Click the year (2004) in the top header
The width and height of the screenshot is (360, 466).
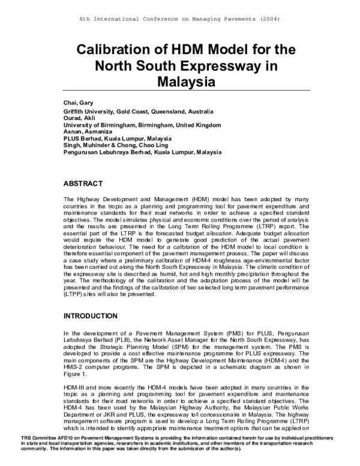269,19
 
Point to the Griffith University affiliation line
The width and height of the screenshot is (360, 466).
137,112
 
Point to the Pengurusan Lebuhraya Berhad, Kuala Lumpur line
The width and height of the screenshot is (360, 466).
142,152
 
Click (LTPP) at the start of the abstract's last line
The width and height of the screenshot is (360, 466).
74,295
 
